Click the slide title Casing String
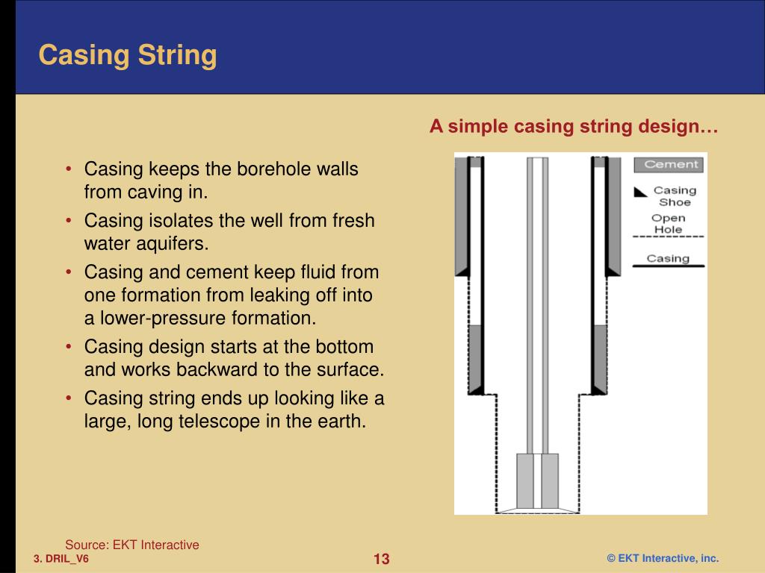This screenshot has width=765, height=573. [128, 55]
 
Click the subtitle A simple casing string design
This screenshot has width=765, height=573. [573, 127]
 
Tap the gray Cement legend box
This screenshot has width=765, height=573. [669, 165]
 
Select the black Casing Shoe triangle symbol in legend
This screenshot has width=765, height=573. [639, 192]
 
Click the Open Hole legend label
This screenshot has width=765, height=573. [668, 224]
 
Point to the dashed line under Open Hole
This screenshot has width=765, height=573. [669, 237]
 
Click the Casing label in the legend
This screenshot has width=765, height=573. [668, 258]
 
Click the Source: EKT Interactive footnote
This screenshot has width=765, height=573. [132, 545]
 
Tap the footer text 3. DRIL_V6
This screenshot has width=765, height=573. [61, 559]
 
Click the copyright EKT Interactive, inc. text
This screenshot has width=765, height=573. [662, 559]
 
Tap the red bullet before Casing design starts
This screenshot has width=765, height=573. [69, 347]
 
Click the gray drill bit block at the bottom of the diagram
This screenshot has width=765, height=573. [538, 481]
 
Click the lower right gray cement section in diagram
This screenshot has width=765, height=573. [598, 358]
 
